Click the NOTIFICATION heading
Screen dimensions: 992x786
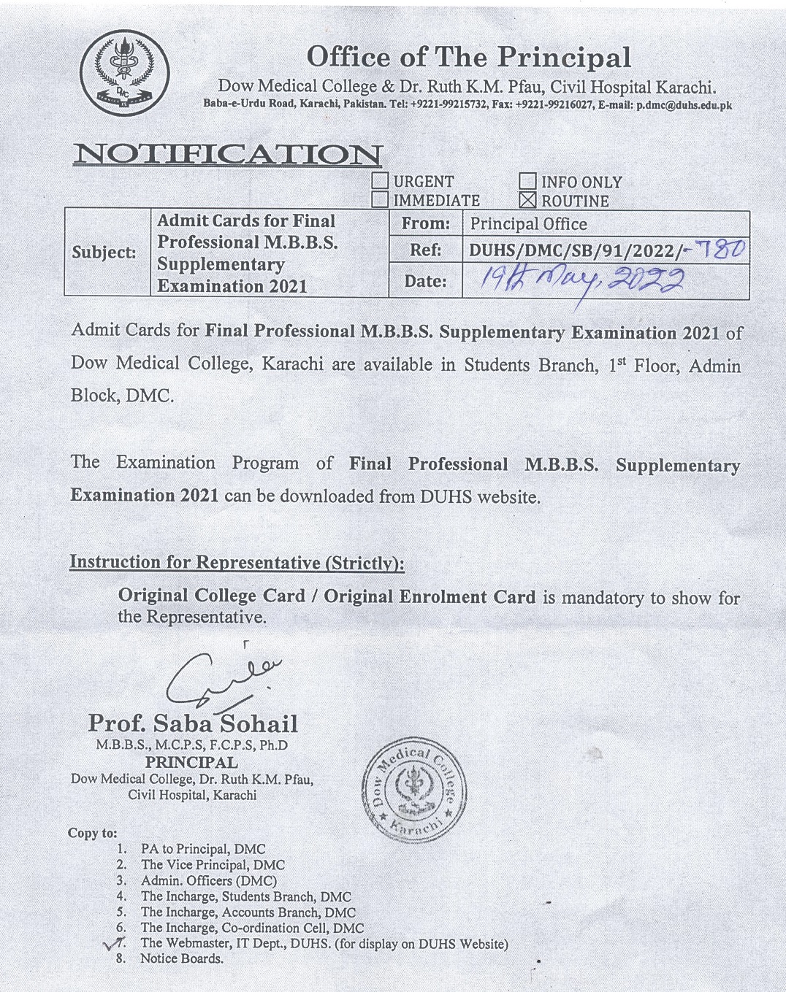pyautogui.click(x=227, y=154)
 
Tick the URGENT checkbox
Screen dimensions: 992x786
pyautogui.click(x=380, y=180)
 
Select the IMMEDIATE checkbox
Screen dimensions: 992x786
pyautogui.click(x=380, y=199)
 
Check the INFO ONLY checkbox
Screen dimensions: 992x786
pyautogui.click(x=527, y=181)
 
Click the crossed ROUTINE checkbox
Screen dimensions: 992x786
pyautogui.click(x=527, y=200)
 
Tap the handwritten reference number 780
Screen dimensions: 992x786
pyautogui.click(x=719, y=250)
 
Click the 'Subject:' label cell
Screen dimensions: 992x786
pyautogui.click(x=104, y=253)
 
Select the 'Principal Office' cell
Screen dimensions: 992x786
pyautogui.click(x=529, y=224)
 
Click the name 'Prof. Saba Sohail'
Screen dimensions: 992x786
pyautogui.click(x=193, y=723)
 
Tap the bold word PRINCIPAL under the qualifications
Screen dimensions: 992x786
pyautogui.click(x=191, y=762)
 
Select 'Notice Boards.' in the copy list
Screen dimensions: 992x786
pyautogui.click(x=182, y=958)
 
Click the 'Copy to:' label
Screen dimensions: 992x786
pyautogui.click(x=92, y=833)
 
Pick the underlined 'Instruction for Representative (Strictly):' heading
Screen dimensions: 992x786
pyautogui.click(x=237, y=562)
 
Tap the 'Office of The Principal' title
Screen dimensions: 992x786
pyautogui.click(x=468, y=57)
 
